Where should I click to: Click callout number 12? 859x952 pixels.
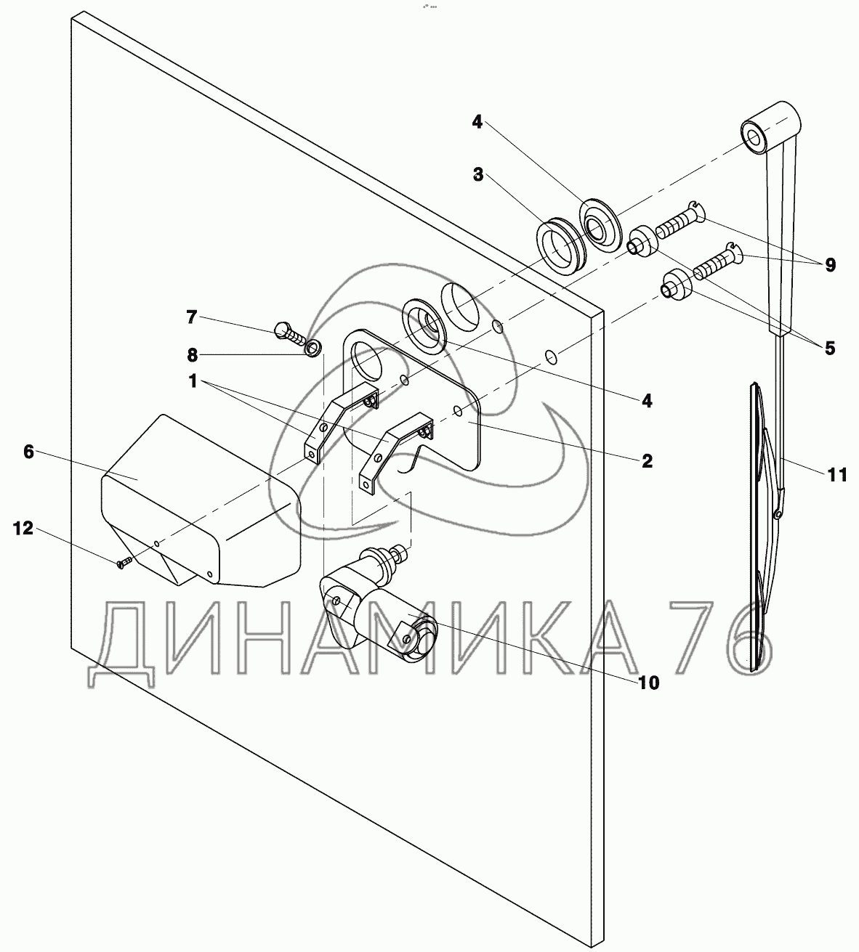coord(23,528)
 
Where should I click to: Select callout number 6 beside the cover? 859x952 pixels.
coord(29,452)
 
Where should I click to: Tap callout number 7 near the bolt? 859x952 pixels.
coord(191,317)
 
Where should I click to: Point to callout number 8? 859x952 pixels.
coord(192,354)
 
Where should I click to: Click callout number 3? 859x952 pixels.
coord(478,175)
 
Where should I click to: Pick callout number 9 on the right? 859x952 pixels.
coord(830,265)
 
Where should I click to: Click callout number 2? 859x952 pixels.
coord(647,461)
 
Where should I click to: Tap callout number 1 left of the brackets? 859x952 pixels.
coord(193,381)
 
